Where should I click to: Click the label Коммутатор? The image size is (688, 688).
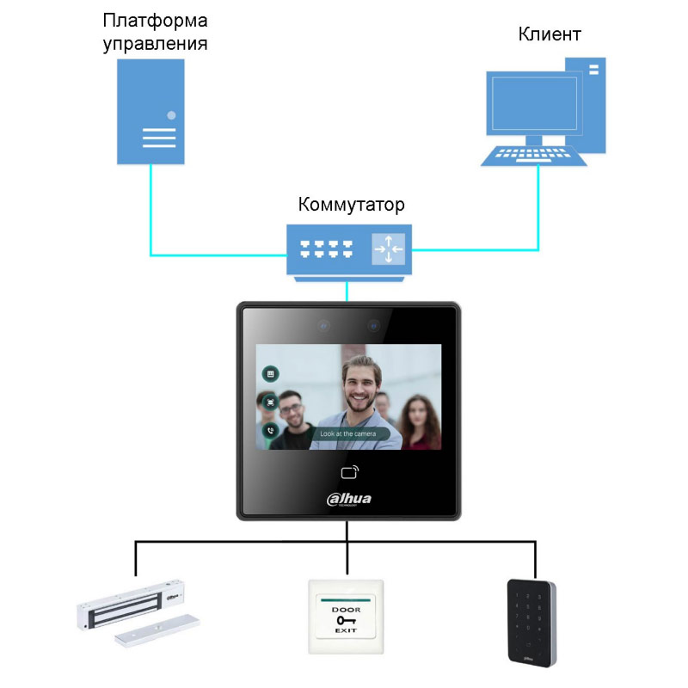point(351,206)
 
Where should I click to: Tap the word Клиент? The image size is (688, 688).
point(550,34)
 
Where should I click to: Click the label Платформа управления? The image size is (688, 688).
point(155,32)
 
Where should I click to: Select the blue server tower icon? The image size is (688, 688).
point(151,112)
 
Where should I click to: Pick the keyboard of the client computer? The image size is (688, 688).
point(533,155)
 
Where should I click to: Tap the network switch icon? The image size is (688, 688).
point(349,249)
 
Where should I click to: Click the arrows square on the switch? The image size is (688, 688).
point(388,249)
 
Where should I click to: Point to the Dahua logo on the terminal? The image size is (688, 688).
point(349,498)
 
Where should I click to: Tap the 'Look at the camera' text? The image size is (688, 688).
point(347,434)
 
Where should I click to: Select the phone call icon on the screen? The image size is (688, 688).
point(270,431)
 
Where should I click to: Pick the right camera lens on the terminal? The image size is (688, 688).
point(374,326)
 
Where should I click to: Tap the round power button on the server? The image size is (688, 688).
point(172,114)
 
